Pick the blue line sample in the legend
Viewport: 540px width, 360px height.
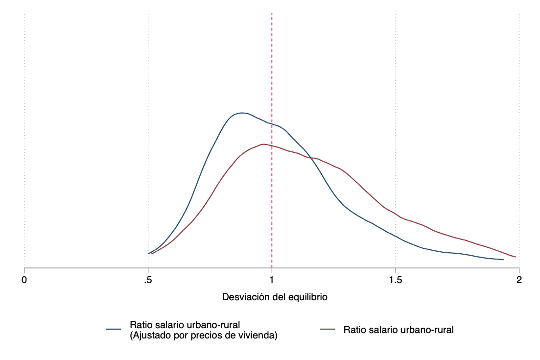click(114, 330)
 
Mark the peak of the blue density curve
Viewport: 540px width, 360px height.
click(241, 113)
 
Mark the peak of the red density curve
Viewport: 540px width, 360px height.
click(263, 144)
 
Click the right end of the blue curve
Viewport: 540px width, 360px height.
click(503, 260)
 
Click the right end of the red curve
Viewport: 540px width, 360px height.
click(516, 257)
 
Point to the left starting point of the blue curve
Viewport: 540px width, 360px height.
click(148, 253)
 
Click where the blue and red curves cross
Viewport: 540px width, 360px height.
click(309, 157)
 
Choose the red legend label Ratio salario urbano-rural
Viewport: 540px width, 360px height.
click(399, 330)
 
